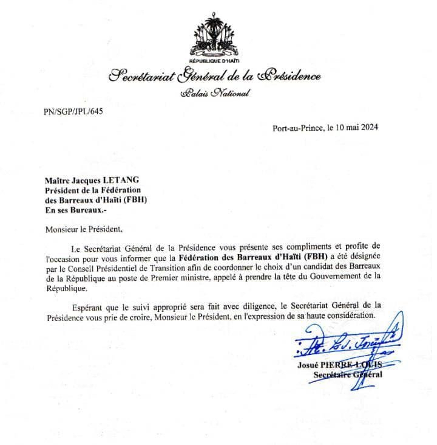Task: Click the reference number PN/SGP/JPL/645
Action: [x=70, y=112]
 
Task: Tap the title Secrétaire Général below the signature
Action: [x=347, y=375]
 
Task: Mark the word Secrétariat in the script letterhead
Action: [x=140, y=77]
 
